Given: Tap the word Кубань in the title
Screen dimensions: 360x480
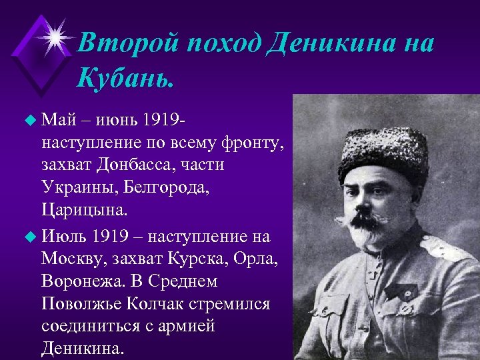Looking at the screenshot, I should [125, 79].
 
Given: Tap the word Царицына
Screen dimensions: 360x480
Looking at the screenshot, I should [82, 211].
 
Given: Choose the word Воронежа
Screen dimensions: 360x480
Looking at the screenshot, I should [83, 281].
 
